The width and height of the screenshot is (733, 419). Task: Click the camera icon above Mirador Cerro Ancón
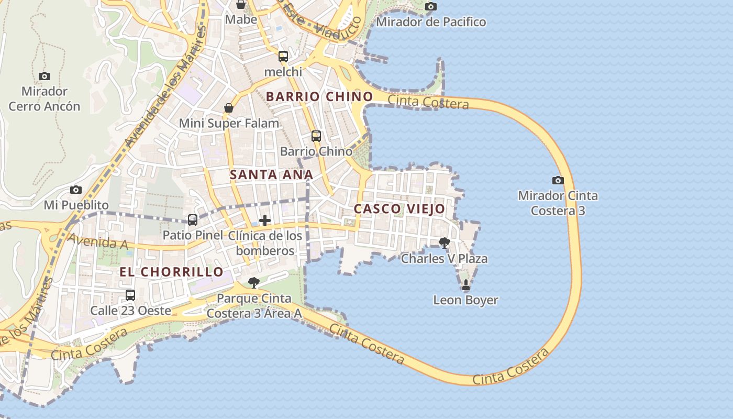tap(45, 76)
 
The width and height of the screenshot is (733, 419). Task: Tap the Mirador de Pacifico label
tap(431, 22)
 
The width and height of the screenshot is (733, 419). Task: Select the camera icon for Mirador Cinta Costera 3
tap(558, 181)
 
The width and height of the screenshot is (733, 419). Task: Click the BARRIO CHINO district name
tap(319, 97)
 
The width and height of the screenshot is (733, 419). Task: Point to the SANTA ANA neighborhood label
tap(271, 175)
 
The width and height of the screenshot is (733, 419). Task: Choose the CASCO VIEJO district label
tap(399, 209)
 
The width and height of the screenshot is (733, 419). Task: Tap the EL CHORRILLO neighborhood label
tap(172, 272)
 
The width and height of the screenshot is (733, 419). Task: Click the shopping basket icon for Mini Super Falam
tap(229, 108)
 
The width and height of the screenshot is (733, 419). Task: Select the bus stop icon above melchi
tap(283, 57)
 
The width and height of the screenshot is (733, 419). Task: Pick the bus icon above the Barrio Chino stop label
tap(316, 136)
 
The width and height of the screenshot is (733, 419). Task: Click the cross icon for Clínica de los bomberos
tap(265, 220)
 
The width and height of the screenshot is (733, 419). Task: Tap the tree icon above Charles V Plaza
tap(445, 242)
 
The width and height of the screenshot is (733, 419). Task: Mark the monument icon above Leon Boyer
tap(466, 285)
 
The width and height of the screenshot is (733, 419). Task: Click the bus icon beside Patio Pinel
tap(193, 220)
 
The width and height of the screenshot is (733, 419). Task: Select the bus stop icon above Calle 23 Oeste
tap(130, 295)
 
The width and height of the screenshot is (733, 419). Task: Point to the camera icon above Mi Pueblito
tap(76, 190)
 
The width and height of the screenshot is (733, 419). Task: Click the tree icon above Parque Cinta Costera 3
tap(254, 283)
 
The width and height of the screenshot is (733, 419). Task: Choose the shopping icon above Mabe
tap(241, 5)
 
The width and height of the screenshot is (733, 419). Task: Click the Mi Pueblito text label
tap(76, 205)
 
